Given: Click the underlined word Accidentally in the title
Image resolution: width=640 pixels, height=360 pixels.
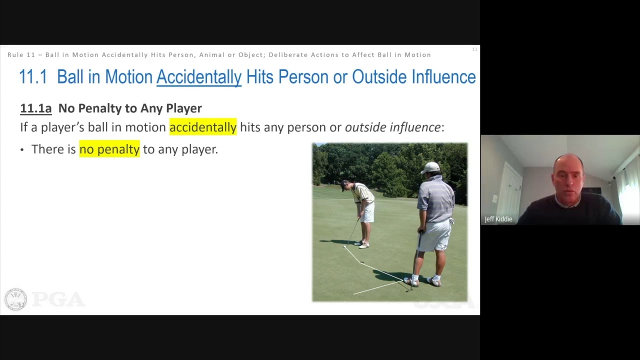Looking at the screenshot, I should (198, 77).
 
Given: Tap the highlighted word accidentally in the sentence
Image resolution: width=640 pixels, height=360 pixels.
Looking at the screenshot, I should (202, 127).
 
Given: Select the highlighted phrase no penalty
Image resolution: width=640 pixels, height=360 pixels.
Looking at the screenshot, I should (109, 149).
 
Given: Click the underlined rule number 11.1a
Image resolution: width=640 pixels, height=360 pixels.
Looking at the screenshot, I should (35, 108).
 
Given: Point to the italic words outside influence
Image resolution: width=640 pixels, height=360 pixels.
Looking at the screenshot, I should (392, 127).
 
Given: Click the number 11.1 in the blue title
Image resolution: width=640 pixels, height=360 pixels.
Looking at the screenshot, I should (33, 77).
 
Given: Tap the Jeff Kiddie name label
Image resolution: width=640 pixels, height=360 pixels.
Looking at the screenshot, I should (498, 219).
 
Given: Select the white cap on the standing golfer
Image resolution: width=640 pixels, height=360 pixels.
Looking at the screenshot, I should (430, 167).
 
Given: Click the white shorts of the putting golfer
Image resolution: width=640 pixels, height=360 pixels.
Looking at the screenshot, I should (368, 212).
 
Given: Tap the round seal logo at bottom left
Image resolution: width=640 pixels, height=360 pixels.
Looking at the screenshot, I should (15, 299).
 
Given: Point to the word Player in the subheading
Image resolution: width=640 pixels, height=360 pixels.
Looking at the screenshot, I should (183, 108).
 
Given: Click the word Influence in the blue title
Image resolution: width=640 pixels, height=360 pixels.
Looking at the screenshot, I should (443, 77).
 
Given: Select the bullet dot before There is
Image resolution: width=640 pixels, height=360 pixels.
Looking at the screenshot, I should (22, 150).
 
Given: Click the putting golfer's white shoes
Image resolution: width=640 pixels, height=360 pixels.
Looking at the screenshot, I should (362, 244).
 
